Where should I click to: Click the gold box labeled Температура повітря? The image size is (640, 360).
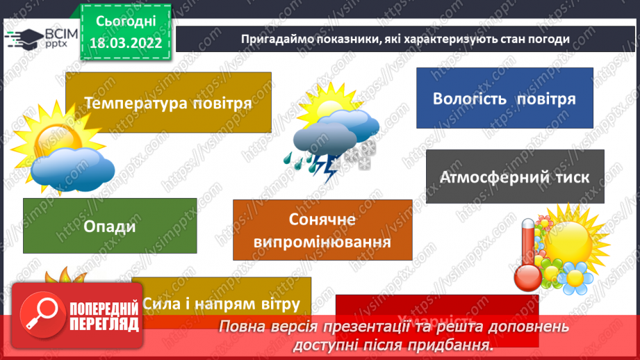[167, 103]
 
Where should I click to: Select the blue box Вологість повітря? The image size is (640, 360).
[504, 98]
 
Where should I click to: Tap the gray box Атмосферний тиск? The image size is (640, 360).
[514, 177]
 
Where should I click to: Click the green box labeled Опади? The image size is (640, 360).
[110, 226]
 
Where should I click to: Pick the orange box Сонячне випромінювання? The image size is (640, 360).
[322, 230]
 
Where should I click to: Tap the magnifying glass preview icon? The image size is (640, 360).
[40, 312]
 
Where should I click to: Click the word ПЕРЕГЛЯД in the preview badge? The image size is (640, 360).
[104, 324]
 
